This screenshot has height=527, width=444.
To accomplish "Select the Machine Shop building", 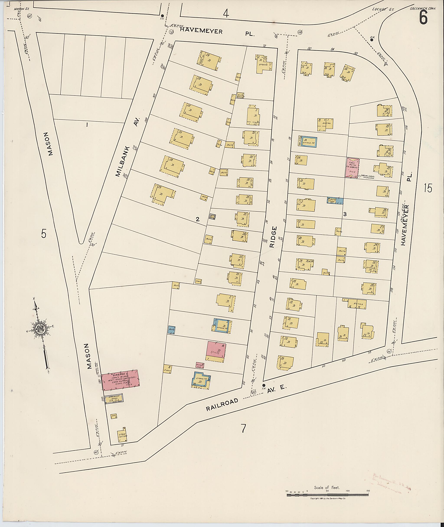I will tap(114, 399).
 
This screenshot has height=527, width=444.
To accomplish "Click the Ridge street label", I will tap(274, 237).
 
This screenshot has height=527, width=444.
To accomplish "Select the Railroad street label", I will tap(222, 405).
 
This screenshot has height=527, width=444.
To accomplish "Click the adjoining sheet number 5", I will tap(44, 234).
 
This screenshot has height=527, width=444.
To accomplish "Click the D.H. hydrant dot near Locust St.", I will tap(372, 39).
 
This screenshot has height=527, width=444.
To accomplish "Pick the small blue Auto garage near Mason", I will tap(172, 330).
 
